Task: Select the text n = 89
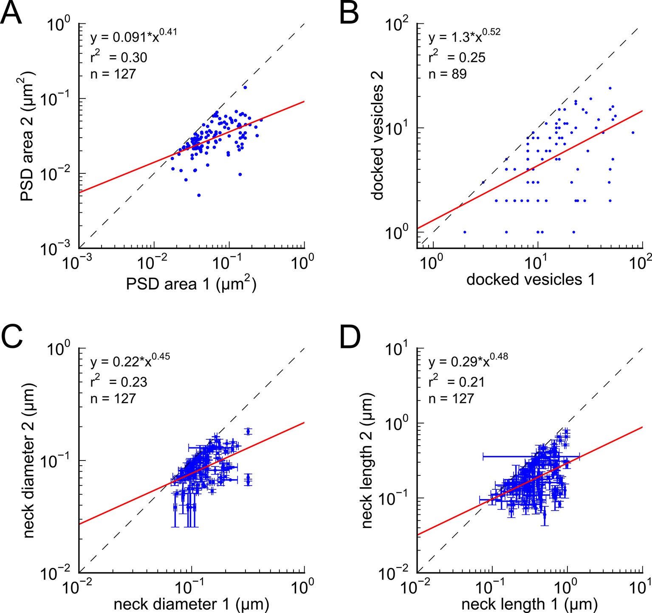coord(448,74)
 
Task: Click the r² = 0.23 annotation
coord(119,381)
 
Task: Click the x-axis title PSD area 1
coord(191,283)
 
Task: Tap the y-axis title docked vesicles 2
coord(378,135)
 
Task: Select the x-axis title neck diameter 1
coord(191,604)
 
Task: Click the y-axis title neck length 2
coord(367,460)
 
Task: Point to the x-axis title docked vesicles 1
coord(530,279)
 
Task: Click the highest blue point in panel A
coord(245,88)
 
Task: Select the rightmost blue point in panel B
coord(633,133)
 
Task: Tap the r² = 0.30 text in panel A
coord(119,57)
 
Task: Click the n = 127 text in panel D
coord(451,398)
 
